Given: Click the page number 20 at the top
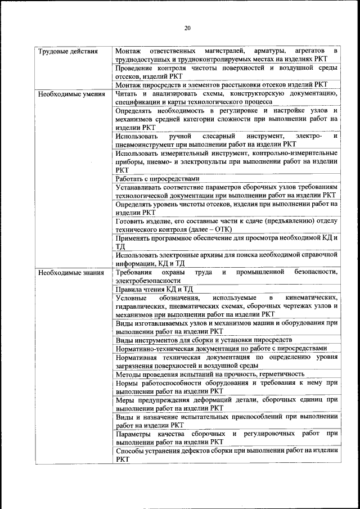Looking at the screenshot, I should click(187, 28).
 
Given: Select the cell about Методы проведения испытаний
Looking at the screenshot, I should click(210, 373).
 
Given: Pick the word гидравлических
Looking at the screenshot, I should click(139, 306).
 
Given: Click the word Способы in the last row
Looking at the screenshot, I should click(130, 451).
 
